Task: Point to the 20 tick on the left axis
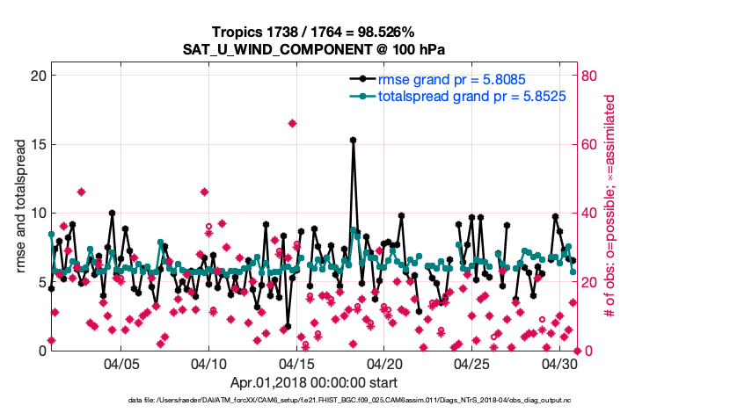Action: click(x=37, y=76)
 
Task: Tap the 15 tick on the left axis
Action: click(x=37, y=144)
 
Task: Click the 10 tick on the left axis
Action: click(x=37, y=213)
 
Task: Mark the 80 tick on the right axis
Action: click(x=591, y=76)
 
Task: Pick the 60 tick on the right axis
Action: click(x=591, y=144)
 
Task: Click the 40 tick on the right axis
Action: click(x=591, y=213)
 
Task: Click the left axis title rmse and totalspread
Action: click(x=20, y=213)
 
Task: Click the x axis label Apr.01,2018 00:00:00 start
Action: click(x=313, y=382)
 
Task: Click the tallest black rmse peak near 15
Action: click(x=353, y=140)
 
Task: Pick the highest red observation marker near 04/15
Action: click(x=292, y=123)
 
